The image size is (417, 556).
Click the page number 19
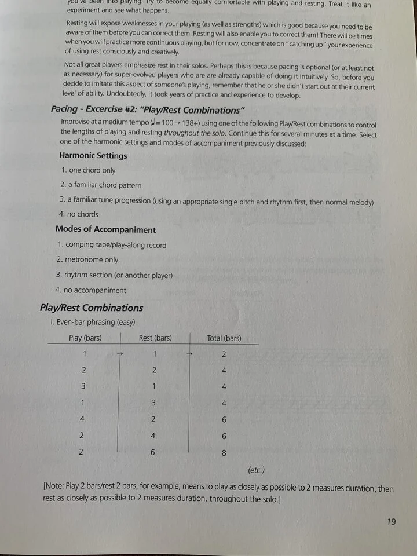[x=391, y=522]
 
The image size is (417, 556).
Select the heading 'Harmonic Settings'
[x=93, y=156]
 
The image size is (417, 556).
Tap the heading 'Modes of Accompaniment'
[x=105, y=230]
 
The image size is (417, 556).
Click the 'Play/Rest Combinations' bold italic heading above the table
[x=91, y=308]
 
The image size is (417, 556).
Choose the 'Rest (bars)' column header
[x=155, y=338]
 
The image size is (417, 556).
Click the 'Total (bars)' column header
[x=224, y=338]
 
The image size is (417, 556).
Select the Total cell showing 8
[x=224, y=453]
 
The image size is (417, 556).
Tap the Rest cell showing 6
[x=153, y=452]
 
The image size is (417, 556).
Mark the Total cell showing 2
[x=224, y=354]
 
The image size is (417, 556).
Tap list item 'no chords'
[x=82, y=214]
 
